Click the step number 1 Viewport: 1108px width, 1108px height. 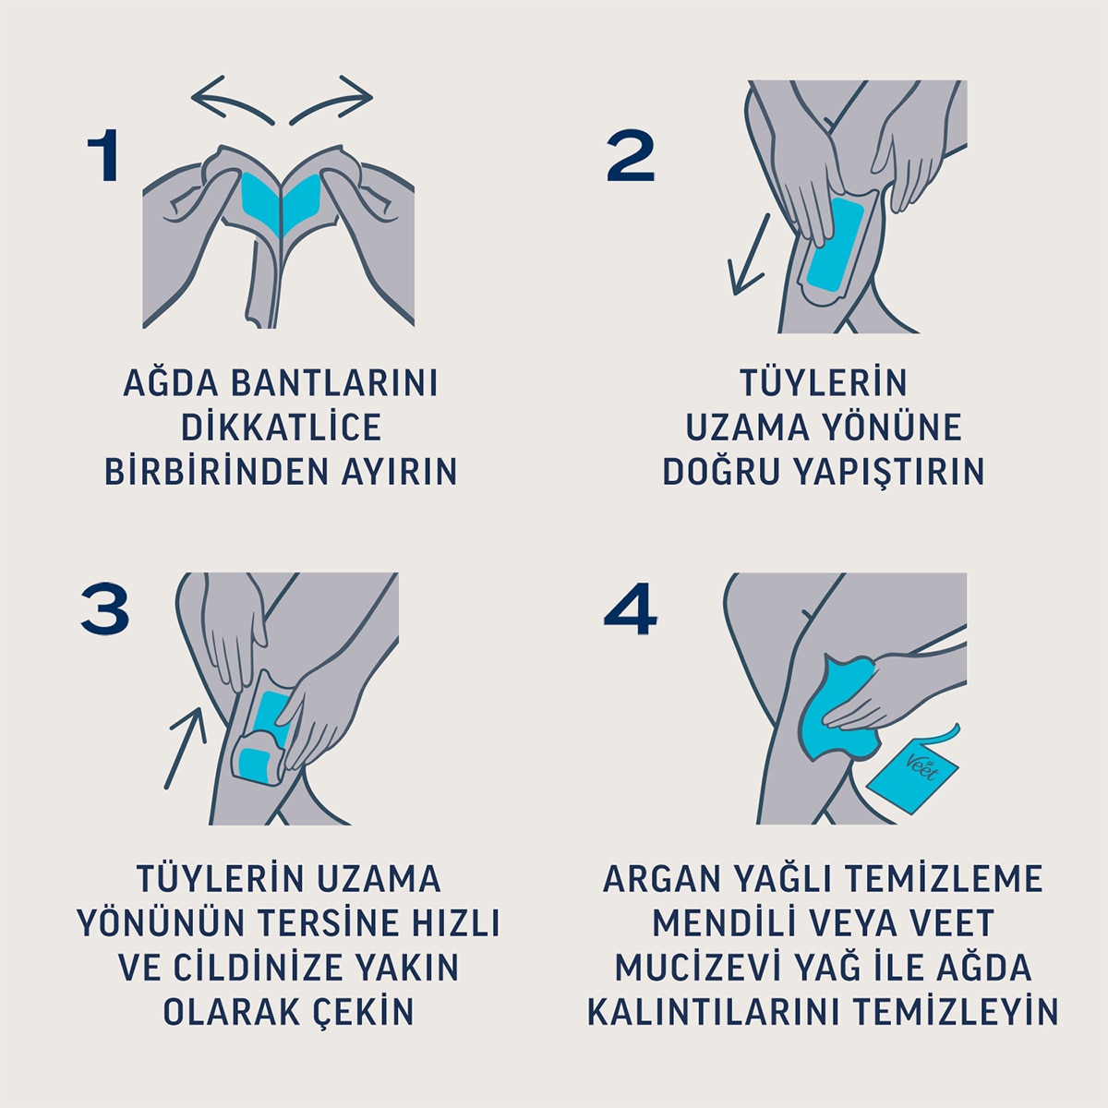click(x=103, y=156)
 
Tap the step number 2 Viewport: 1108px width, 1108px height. click(x=631, y=156)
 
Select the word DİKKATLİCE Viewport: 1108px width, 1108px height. click(x=281, y=428)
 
